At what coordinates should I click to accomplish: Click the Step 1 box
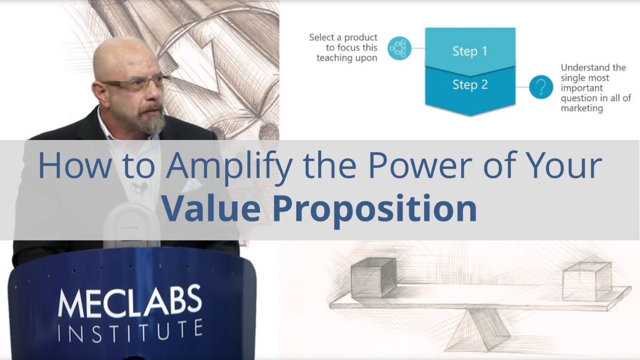click(x=469, y=51)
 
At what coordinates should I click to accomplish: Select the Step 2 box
click(x=469, y=85)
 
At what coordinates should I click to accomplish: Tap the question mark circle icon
click(x=540, y=87)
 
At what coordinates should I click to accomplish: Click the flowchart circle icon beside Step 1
click(x=399, y=48)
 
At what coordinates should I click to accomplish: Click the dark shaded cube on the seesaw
click(x=373, y=277)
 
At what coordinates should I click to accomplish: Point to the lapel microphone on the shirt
click(x=139, y=188)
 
